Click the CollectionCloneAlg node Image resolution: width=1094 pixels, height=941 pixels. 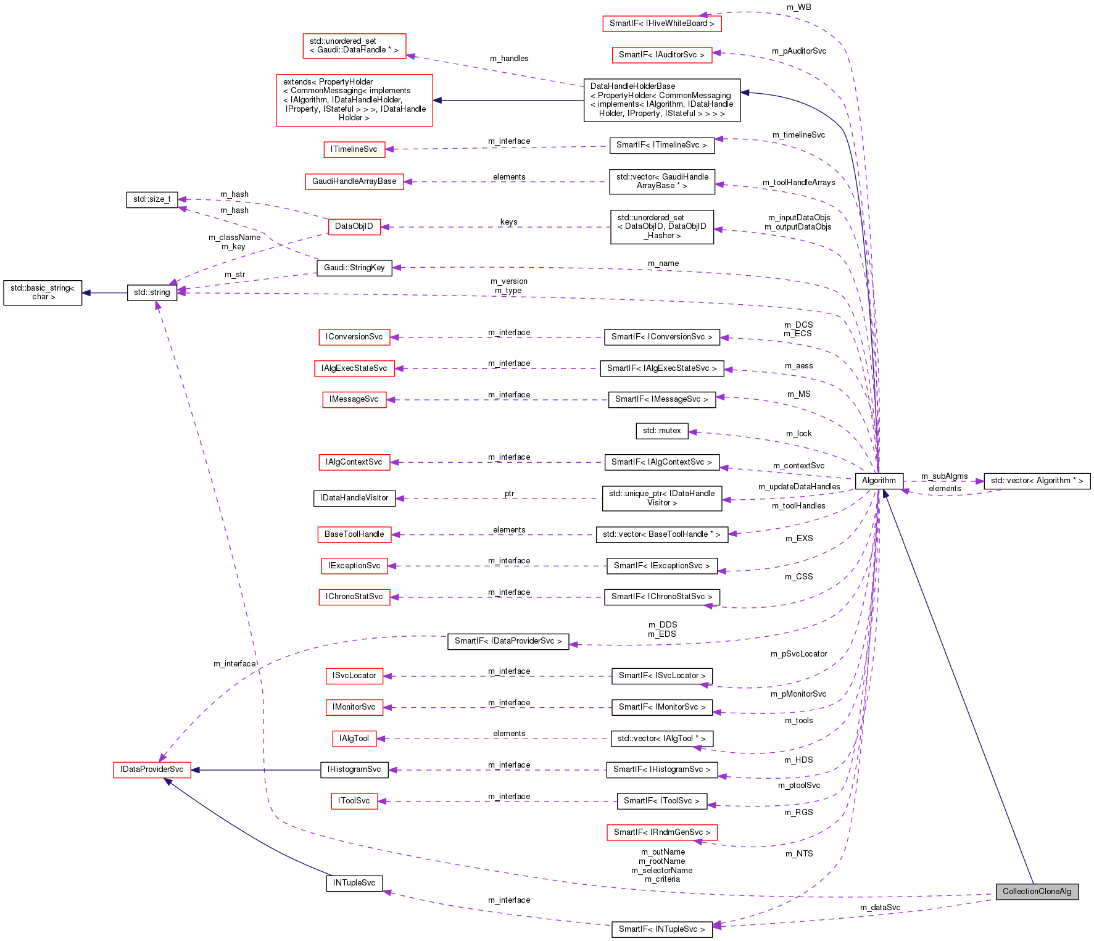[x=1037, y=891]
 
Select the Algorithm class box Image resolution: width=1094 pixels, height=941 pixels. [x=879, y=481]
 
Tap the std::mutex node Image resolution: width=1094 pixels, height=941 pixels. [x=661, y=431]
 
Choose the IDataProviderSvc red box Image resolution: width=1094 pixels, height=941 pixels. [x=152, y=769]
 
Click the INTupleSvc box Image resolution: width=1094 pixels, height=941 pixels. [x=354, y=883]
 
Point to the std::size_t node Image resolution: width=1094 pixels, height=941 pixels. [x=152, y=199]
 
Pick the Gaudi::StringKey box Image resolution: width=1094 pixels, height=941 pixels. [x=354, y=268]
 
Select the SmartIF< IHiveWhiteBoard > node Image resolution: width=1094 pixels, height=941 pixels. [x=661, y=23]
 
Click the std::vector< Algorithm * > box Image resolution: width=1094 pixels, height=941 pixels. [x=1037, y=481]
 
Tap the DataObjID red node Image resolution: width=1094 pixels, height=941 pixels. [x=354, y=226]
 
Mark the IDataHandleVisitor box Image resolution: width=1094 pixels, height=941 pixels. [x=354, y=498]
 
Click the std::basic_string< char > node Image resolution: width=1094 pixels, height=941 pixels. [x=43, y=292]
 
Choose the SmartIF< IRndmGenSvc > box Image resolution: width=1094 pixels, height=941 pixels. [x=661, y=832]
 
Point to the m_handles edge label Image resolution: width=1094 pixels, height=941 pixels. [x=509, y=59]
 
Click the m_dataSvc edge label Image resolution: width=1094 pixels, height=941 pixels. [x=880, y=908]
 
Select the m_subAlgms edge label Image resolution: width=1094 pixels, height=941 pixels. [x=944, y=476]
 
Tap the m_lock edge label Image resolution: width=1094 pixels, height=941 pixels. [x=798, y=434]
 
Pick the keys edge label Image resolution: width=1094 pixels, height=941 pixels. [x=508, y=222]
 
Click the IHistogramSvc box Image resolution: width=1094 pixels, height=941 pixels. [x=354, y=769]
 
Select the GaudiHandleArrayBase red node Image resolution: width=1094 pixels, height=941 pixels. [x=354, y=181]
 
